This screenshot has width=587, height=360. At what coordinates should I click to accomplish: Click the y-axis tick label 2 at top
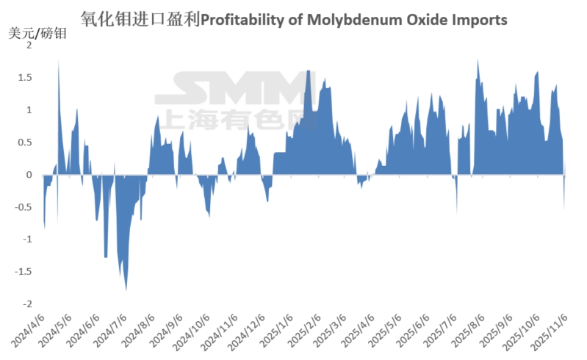pyautogui.click(x=29, y=46)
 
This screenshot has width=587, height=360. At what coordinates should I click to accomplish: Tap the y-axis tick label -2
pyautogui.click(x=27, y=304)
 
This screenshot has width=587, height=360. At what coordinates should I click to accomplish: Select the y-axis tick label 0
pyautogui.click(x=29, y=175)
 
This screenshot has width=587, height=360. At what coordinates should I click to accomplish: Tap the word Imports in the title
pyautogui.click(x=481, y=19)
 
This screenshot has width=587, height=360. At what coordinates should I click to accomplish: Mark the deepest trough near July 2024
pyautogui.click(x=126, y=289)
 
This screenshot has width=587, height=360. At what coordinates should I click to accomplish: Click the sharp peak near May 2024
pyautogui.click(x=59, y=62)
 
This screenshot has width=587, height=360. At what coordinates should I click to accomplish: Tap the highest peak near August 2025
pyautogui.click(x=478, y=60)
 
